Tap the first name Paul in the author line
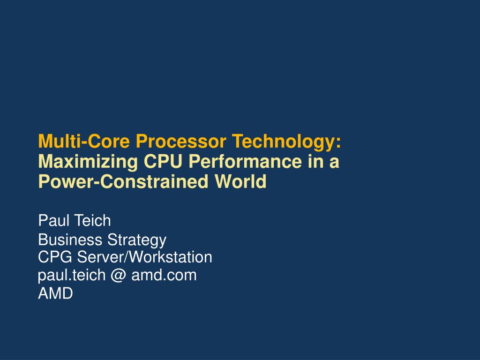[x=52, y=220]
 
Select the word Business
[x=71, y=240]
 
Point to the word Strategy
[x=137, y=240]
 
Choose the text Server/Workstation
[x=145, y=257]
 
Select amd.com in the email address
[x=164, y=276]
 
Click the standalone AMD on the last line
[x=55, y=294]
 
